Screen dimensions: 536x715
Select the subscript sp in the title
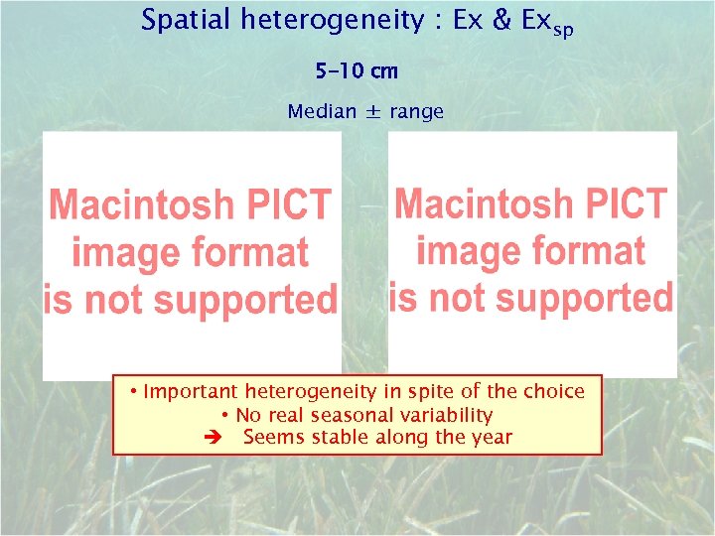pos(562,29)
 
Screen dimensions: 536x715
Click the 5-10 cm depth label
pos(356,71)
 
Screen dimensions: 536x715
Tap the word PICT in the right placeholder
pos(629,204)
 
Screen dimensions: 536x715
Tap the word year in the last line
pos(493,438)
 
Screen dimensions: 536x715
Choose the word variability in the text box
pos(442,415)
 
